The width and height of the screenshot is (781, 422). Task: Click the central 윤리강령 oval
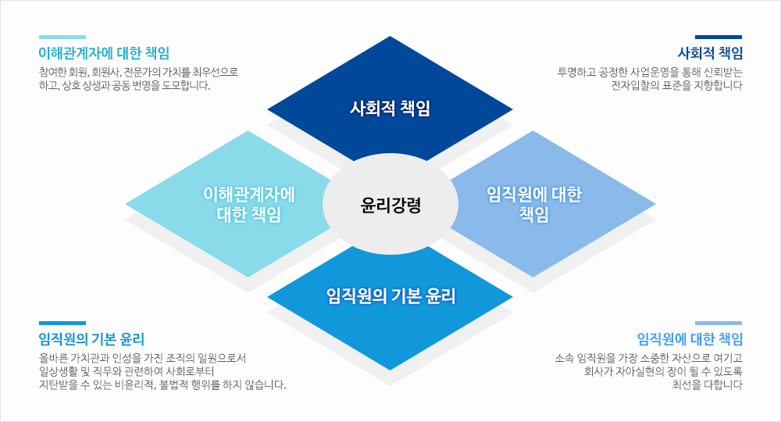[390, 204]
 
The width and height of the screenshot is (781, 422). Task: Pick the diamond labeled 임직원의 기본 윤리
[390, 304]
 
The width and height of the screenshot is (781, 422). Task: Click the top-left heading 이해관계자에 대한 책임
[104, 53]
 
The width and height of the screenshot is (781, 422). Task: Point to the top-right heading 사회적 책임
[710, 53]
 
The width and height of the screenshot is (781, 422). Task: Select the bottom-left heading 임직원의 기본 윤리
[91, 339]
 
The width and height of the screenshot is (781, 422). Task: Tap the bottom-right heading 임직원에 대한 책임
[690, 339]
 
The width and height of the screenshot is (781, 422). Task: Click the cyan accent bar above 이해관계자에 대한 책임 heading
[62, 37]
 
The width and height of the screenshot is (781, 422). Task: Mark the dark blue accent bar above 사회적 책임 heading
[719, 37]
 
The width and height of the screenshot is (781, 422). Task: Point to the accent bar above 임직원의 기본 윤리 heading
[62, 324]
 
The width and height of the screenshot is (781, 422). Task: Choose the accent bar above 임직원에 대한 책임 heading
[719, 324]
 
